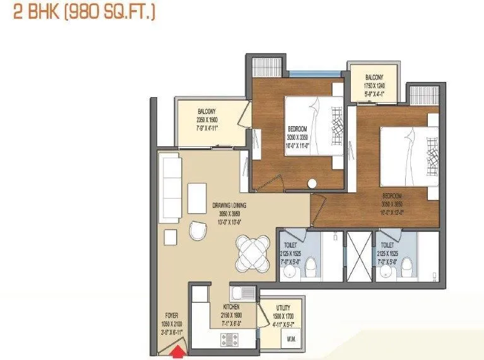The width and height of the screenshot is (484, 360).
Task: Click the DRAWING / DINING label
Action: [229, 206]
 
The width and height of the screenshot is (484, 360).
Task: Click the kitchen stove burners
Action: [229, 340]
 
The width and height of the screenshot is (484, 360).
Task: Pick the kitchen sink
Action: [244, 293]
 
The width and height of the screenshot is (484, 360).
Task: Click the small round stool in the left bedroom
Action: [312, 184]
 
